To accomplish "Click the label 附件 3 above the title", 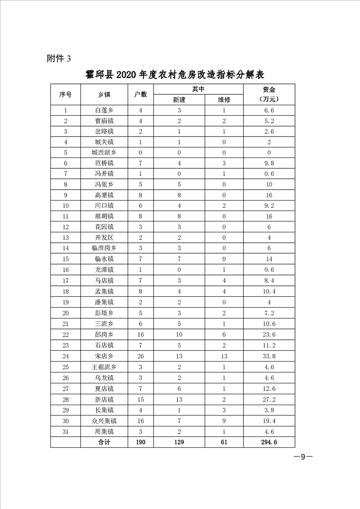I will click(59, 58).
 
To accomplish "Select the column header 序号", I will click(65, 94).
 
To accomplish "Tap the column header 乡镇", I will click(104, 94).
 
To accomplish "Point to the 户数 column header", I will click(141, 94).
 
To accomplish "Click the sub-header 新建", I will click(179, 100).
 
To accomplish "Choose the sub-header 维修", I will click(224, 100).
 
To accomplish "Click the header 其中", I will click(198, 89).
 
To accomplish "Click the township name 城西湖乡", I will click(104, 153).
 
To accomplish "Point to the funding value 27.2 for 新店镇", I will click(269, 399).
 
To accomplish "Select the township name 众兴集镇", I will click(104, 421).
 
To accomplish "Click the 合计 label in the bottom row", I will click(104, 442).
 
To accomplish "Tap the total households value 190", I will click(141, 442).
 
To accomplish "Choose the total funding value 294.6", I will click(269, 442).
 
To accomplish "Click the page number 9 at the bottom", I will click(303, 457).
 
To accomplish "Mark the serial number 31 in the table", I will click(65, 431).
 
